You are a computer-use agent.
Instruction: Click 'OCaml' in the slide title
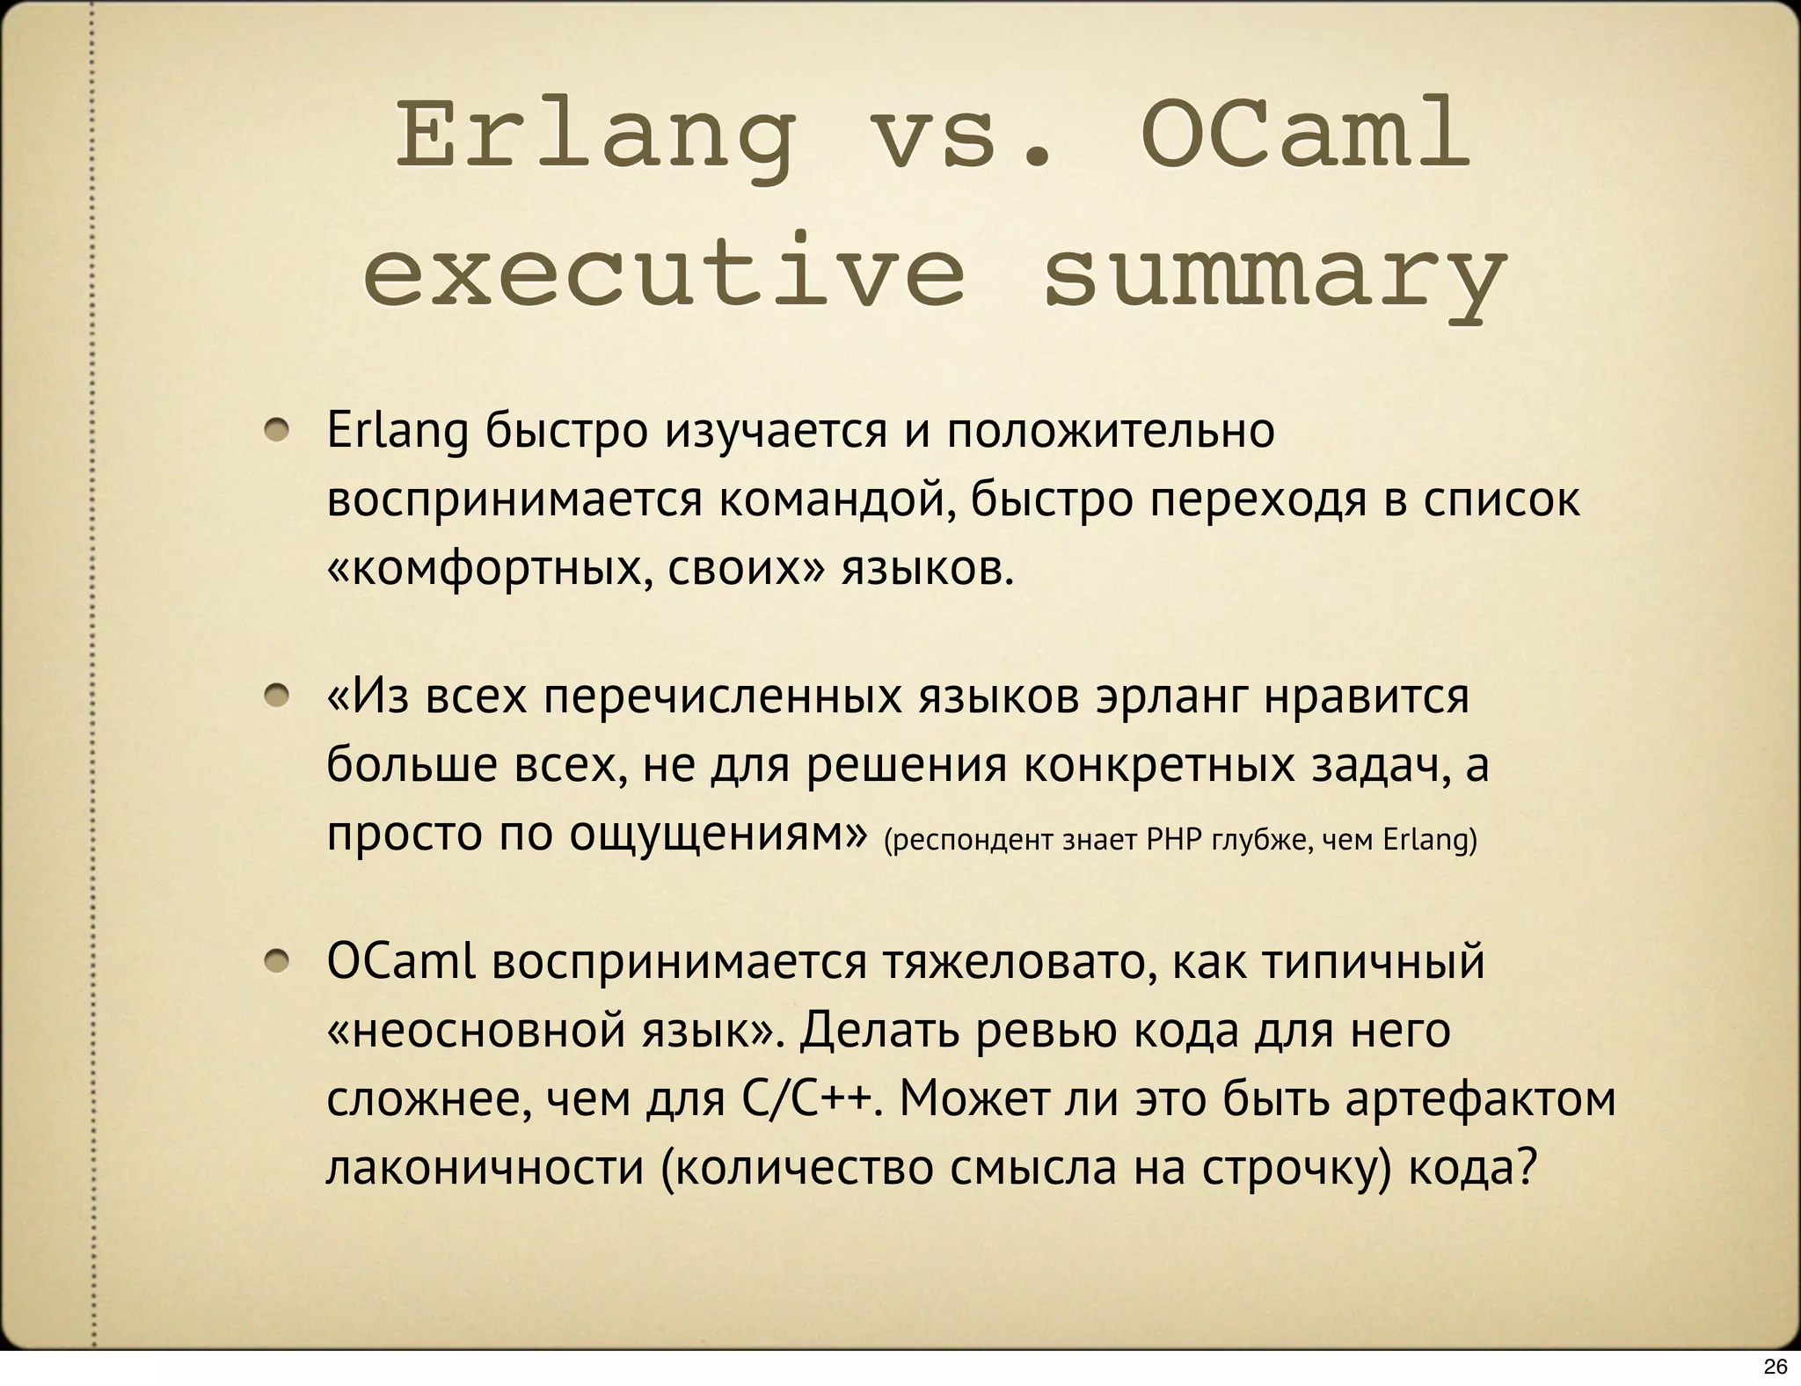(1306, 139)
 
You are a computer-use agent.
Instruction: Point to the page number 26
(1775, 1367)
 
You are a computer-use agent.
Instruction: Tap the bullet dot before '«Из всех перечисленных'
(280, 697)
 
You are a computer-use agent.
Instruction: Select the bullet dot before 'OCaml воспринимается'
(280, 963)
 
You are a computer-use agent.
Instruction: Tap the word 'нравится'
(1367, 697)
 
